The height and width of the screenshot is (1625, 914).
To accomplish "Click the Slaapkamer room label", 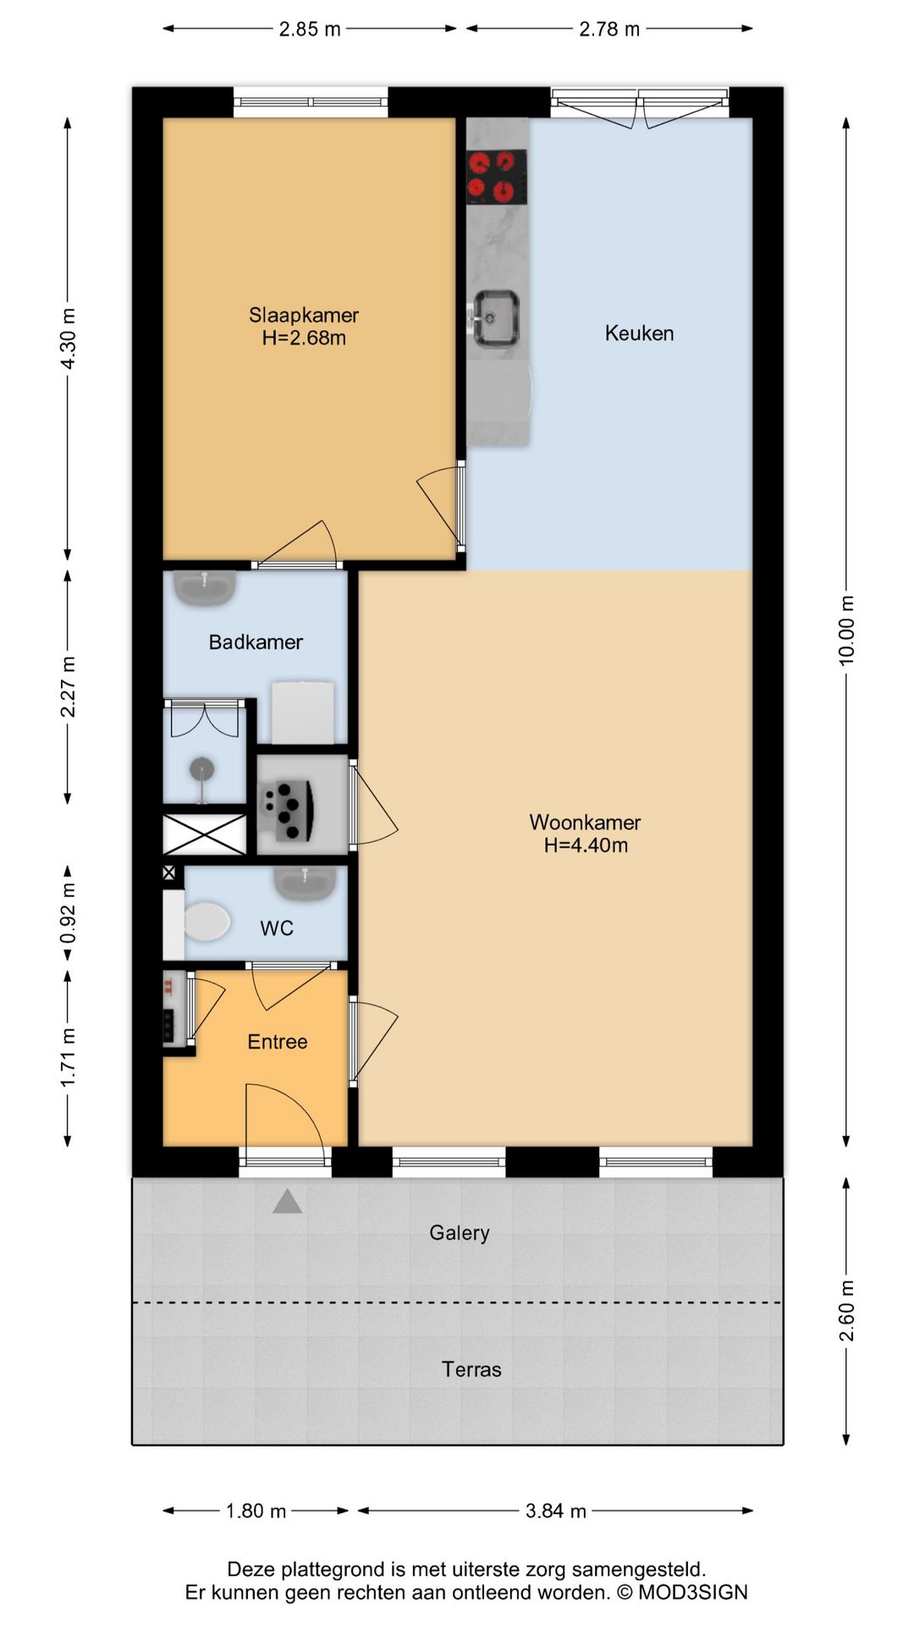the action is coord(304,315).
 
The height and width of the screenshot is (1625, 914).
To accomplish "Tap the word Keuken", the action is coord(639,333).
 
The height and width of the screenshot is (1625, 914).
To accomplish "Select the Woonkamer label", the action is coord(585,822).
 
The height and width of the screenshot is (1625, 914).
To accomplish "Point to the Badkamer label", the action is coord(256,642).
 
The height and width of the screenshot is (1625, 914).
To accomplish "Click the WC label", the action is coord(277,928).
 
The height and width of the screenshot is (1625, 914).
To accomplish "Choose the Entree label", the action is coord(278,1042).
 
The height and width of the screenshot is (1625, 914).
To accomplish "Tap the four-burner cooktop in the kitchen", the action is coord(497,177).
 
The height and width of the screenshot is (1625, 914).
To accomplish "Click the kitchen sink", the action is coord(495,318).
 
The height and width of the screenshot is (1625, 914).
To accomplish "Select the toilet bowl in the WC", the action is coord(206,922).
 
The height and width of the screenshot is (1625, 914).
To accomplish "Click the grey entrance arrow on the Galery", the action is coord(288,1201).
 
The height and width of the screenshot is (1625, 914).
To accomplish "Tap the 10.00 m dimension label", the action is coord(846,631).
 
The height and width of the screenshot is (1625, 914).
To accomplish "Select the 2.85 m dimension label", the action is coord(310,30).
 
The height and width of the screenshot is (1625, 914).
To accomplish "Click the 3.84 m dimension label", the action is coord(556,1511).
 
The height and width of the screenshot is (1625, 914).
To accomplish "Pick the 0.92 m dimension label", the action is coord(69,913).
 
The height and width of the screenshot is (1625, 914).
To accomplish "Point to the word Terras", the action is coord(471,1369).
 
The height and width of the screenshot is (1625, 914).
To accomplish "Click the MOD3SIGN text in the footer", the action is coord(693,1592).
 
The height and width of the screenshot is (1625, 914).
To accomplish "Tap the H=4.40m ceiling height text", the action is coord(586,845).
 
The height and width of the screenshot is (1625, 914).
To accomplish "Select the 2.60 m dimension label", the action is coord(846,1311).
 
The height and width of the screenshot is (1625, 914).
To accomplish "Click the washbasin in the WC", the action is coord(306,883).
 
